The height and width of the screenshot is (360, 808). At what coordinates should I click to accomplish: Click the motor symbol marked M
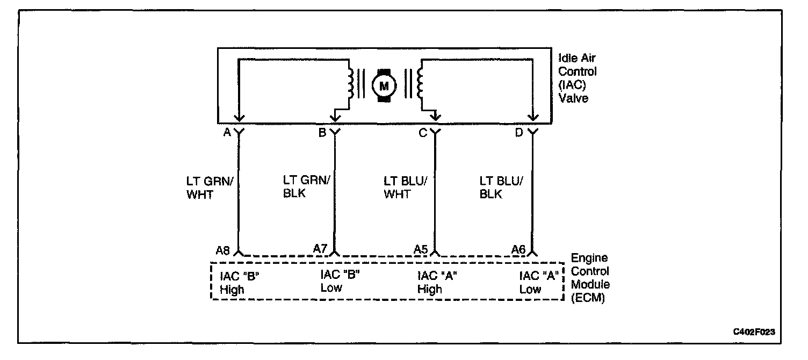coord(384,85)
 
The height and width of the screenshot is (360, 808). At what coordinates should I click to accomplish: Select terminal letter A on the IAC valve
coord(227,133)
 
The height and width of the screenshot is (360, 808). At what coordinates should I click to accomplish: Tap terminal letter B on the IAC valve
coord(322,133)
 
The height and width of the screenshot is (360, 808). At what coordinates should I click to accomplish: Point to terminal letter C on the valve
coord(423,133)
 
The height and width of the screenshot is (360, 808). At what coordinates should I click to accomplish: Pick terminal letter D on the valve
coord(519,133)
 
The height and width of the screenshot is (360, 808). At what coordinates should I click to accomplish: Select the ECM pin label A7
coord(320,248)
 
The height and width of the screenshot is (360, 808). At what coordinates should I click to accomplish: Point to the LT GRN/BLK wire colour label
coord(305,186)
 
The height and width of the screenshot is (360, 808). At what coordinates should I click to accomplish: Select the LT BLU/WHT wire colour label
coord(405,188)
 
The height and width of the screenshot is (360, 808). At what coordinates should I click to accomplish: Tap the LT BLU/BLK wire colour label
coord(501,188)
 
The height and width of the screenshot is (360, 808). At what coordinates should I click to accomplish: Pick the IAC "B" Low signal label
coord(340,281)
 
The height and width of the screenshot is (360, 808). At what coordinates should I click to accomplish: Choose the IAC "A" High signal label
coord(437,283)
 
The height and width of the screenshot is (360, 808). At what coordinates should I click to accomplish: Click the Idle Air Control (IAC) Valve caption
coord(578,78)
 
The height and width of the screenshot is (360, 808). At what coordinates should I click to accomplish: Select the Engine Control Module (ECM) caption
coord(590,278)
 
